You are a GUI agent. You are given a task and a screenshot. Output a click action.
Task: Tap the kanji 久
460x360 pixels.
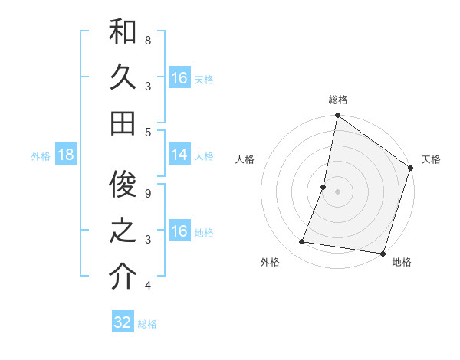tap(123, 77)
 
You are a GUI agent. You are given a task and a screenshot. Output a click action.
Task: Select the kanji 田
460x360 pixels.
tap(123, 123)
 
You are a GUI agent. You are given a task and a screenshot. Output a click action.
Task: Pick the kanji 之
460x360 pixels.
tap(123, 231)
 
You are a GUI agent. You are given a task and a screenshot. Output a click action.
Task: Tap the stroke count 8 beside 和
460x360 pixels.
tap(148, 40)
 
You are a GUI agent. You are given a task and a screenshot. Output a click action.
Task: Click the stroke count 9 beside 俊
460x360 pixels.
tap(148, 193)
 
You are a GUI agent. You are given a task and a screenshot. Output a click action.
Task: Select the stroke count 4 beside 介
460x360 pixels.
tap(148, 286)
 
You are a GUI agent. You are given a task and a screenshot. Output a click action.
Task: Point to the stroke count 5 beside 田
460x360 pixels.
tap(148, 132)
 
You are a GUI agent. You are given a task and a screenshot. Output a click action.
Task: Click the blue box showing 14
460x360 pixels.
tap(179, 155)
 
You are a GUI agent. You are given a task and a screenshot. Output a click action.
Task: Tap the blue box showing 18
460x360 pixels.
tap(66, 155)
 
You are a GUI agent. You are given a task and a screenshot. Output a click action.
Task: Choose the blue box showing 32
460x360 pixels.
tap(123, 322)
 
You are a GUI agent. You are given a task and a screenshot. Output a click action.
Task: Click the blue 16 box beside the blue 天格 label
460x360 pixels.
tap(179, 78)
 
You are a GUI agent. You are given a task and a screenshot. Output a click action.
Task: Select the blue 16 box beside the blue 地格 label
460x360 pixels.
tap(179, 231)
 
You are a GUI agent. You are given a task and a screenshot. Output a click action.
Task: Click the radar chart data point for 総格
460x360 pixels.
tap(337, 116)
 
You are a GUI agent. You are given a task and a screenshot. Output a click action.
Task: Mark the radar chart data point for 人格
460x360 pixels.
tap(324, 187)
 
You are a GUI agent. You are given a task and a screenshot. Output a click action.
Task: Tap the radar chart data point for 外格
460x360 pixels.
tap(302, 242)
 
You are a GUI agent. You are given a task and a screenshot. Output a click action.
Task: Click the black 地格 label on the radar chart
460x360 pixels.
tap(402, 263)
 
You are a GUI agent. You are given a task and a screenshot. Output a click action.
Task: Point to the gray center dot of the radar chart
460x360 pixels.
tap(337, 191)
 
